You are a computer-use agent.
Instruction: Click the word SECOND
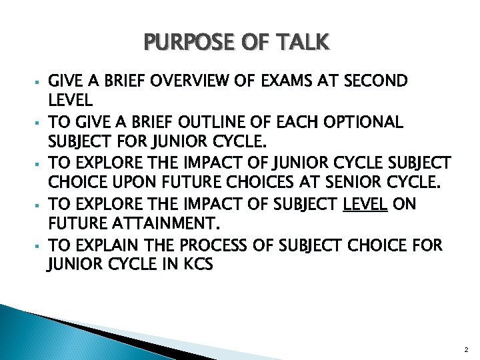[377, 82]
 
